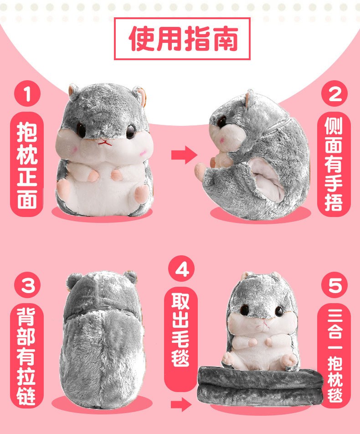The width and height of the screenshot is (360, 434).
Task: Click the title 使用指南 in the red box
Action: coord(182,38)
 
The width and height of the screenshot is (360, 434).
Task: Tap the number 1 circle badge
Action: coord(27,93)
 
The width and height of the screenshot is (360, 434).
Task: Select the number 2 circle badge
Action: coord(334,93)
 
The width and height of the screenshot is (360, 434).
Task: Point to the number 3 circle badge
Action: coord(27,285)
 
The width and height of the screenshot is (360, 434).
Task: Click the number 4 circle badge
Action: coord(181,268)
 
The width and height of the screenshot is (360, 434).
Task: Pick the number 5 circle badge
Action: coord(334,285)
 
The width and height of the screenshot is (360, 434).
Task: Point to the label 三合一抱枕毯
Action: coord(334,356)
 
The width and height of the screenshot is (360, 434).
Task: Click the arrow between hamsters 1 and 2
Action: coord(184,155)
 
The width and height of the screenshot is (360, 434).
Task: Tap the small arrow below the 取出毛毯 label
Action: coord(181,405)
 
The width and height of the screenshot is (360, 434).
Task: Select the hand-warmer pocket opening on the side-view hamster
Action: coord(267,178)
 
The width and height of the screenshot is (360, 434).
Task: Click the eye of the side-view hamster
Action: coord(221,122)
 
